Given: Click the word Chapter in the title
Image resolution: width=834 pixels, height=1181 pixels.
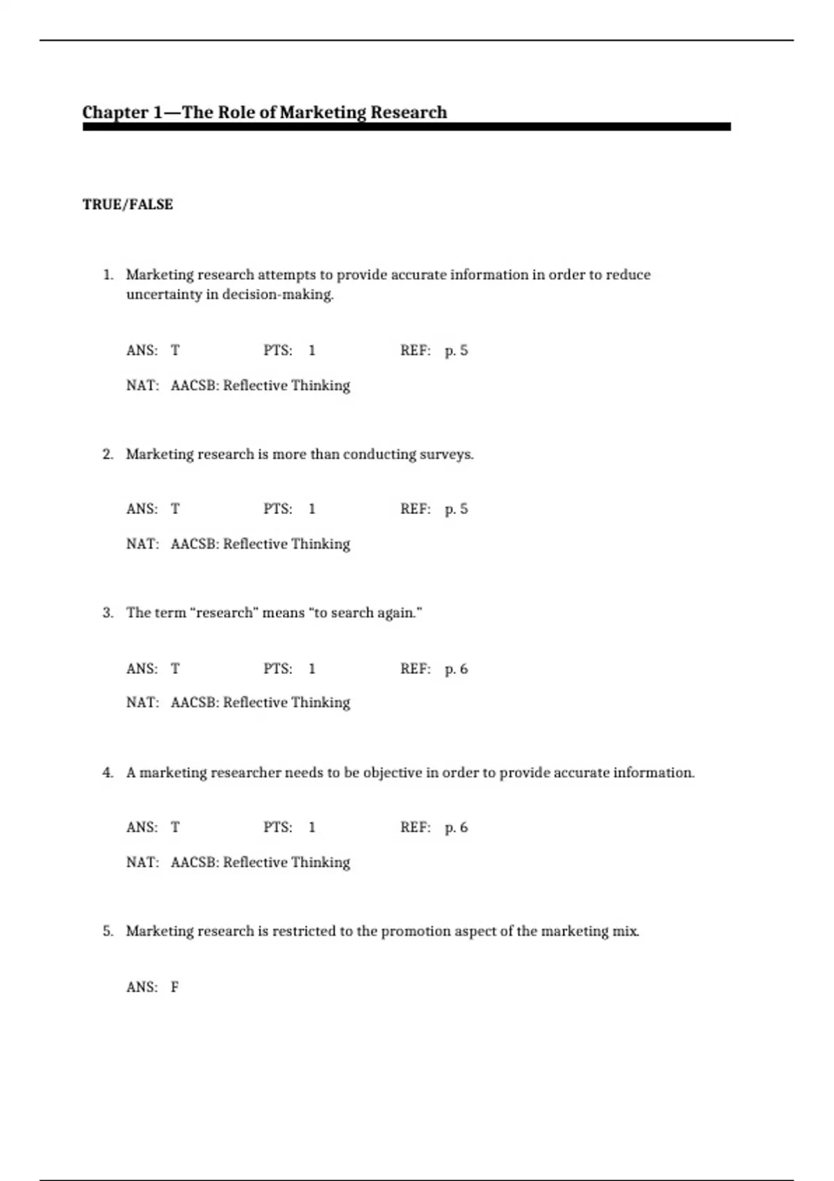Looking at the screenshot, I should pyautogui.click(x=115, y=113).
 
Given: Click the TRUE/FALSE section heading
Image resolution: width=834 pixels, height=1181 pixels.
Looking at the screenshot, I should pyautogui.click(x=128, y=204).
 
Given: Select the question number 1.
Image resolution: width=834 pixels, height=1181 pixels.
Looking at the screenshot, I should pyautogui.click(x=108, y=275).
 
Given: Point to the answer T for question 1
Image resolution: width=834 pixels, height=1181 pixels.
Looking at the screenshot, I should pyautogui.click(x=175, y=351).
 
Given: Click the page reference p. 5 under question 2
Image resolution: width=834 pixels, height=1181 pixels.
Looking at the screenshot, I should pyautogui.click(x=456, y=509).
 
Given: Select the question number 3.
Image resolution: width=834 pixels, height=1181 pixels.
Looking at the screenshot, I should pyautogui.click(x=108, y=613).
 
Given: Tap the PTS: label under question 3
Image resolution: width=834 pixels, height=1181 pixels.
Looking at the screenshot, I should pyautogui.click(x=277, y=669).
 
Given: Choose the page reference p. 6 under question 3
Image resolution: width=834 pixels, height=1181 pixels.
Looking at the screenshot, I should pyautogui.click(x=456, y=669).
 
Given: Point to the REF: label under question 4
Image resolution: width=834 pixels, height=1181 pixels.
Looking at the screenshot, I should pyautogui.click(x=415, y=827).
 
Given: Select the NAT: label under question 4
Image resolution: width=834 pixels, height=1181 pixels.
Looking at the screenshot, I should pyautogui.click(x=142, y=862).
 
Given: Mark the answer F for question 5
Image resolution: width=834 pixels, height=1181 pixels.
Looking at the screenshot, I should pyautogui.click(x=175, y=987).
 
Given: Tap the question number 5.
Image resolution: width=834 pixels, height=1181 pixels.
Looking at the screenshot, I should pyautogui.click(x=108, y=931).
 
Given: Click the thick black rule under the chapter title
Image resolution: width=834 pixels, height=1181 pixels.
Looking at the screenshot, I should pyautogui.click(x=407, y=127).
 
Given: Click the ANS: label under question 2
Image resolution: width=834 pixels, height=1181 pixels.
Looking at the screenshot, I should pyautogui.click(x=142, y=509).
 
